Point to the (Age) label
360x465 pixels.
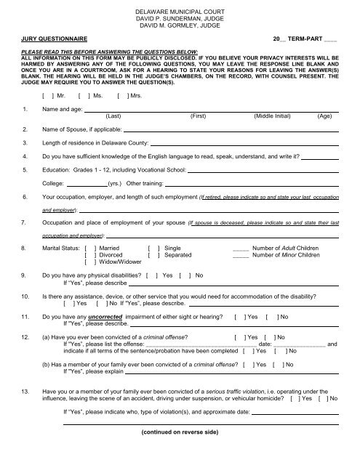325,115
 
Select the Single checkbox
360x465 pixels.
152,248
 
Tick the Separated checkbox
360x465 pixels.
152,255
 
